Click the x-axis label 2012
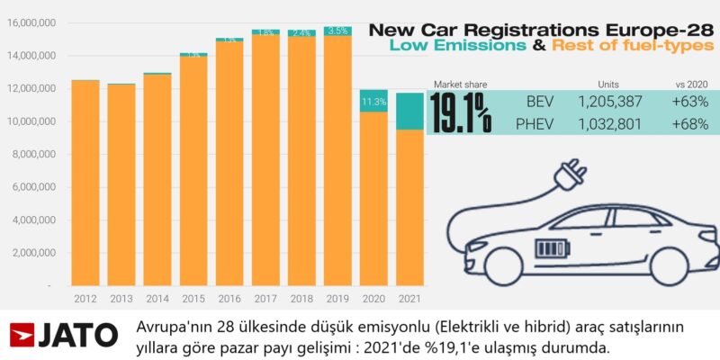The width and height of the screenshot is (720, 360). (x=85, y=297)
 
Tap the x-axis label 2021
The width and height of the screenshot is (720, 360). (x=409, y=297)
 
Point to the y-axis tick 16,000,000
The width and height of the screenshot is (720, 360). (x=31, y=23)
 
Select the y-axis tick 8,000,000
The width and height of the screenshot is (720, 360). (x=33, y=154)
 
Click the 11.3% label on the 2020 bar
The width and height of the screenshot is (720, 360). (x=373, y=102)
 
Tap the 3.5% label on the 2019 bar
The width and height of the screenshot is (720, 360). (x=337, y=31)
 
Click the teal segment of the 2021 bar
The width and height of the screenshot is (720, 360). (x=409, y=111)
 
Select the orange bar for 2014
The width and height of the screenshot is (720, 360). (x=157, y=180)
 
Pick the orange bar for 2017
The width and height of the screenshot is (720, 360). (x=265, y=162)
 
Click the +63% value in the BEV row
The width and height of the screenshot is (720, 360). (x=690, y=102)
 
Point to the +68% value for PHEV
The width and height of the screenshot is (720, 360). (x=690, y=123)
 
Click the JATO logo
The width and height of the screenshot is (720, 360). (x=63, y=335)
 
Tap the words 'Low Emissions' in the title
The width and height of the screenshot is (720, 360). (x=481, y=46)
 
